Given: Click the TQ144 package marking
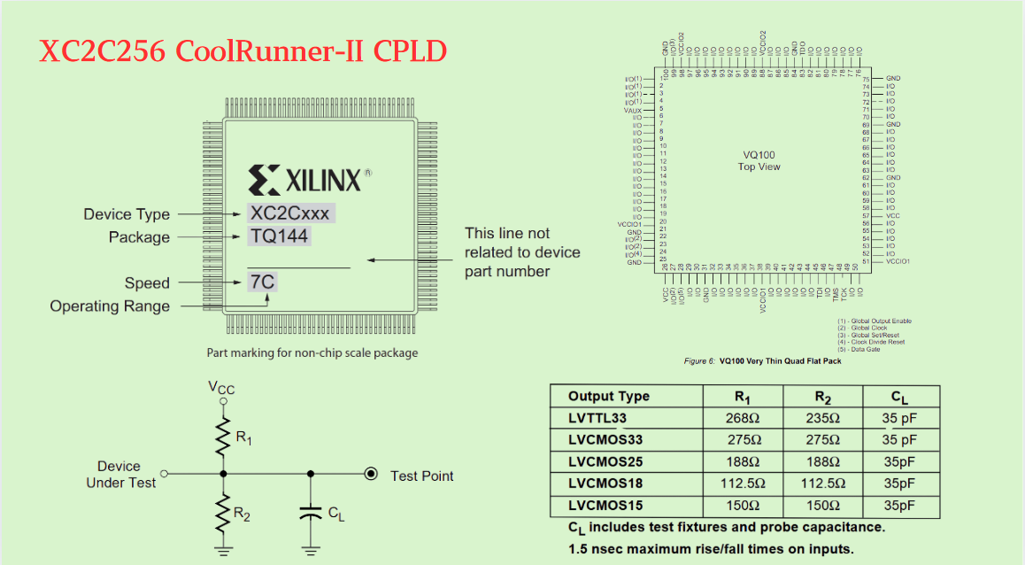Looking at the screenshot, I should [x=279, y=237].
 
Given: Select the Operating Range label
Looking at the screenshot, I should [x=110, y=306].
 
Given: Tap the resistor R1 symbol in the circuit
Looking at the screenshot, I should [x=223, y=437].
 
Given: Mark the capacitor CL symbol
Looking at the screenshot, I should [x=310, y=513].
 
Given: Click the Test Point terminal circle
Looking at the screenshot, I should [x=372, y=475].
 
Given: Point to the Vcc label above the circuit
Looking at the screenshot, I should [x=221, y=388].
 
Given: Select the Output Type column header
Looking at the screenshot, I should [x=609, y=397].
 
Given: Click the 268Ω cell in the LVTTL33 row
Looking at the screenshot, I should [x=743, y=418].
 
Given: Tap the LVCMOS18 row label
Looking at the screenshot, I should [x=606, y=484].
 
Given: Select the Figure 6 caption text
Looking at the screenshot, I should [x=762, y=361].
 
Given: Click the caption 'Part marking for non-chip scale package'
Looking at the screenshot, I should [x=312, y=352].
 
